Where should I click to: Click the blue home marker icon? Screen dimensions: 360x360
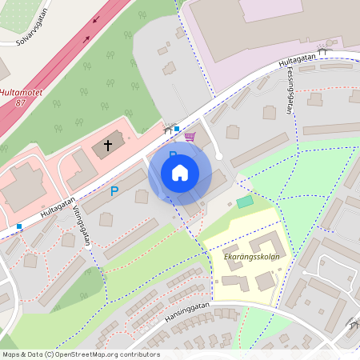pos(180,173)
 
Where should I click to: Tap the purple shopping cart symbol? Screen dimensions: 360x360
pos(190,136)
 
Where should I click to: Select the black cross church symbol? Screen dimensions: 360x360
pos(108,146)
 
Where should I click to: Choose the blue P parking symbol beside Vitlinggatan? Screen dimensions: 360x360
pos(114,192)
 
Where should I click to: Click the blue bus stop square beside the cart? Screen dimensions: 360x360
pos(177,128)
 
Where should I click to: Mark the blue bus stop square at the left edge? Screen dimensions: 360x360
pos(19,226)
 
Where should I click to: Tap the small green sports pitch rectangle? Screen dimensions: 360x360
pos(244,202)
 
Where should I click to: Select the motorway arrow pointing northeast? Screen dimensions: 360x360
pos(95,17)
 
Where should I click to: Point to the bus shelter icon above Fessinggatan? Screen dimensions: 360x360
pos(322,51)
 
